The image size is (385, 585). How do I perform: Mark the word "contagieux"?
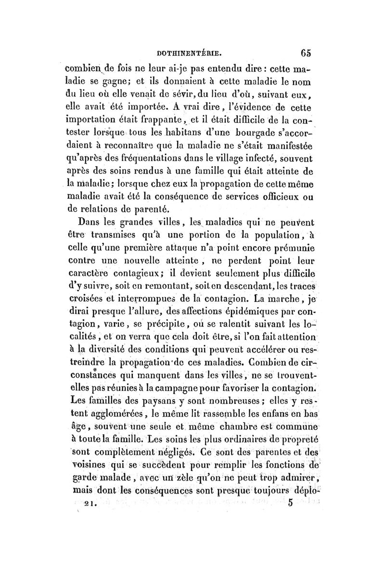click(142, 274)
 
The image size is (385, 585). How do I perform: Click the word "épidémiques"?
click(245, 313)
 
